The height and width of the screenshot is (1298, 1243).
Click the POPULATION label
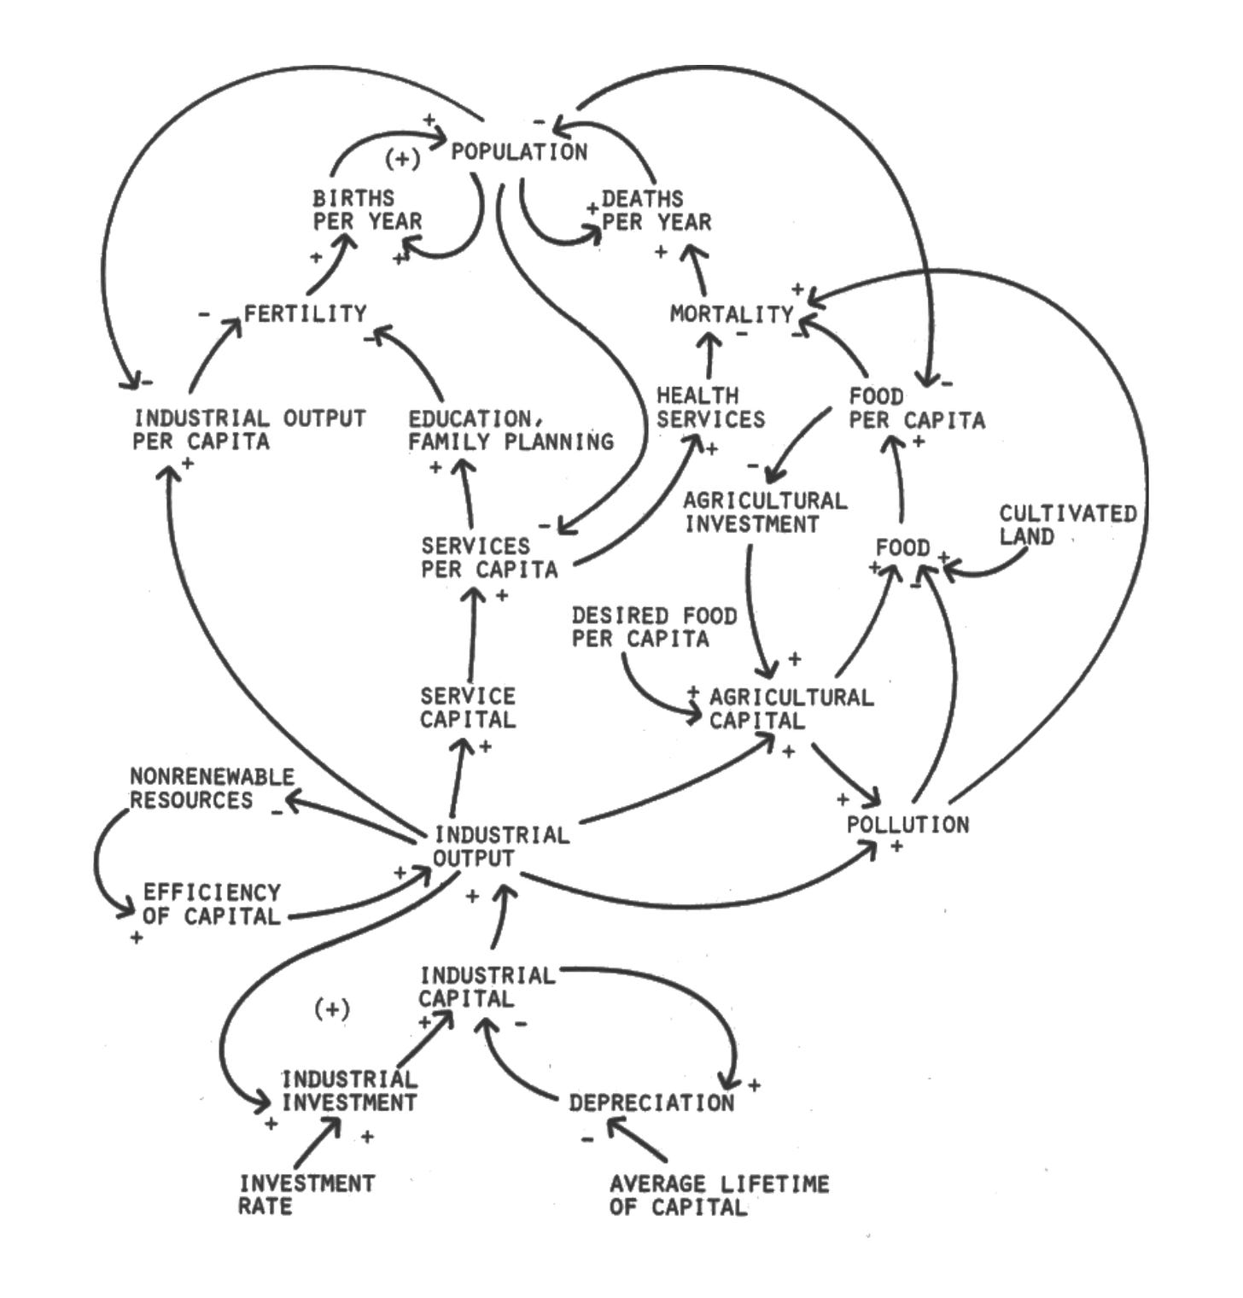pyautogui.click(x=519, y=152)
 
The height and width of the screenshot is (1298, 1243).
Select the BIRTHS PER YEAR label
pyautogui.click(x=367, y=210)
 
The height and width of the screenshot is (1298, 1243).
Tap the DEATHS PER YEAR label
pyautogui.click(x=656, y=210)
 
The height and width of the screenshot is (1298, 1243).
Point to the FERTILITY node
pyautogui.click(x=305, y=314)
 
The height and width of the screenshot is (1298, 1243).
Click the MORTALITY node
pyautogui.click(x=732, y=314)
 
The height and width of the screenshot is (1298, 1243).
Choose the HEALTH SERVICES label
pyautogui.click(x=710, y=407)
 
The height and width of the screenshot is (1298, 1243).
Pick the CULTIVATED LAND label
pyautogui.click(x=1067, y=524)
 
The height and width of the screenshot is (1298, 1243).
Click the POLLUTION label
pyautogui.click(x=907, y=824)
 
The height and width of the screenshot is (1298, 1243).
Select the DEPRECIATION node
pyautogui.click(x=651, y=1102)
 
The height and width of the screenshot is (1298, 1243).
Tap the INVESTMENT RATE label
pyautogui.click(x=306, y=1195)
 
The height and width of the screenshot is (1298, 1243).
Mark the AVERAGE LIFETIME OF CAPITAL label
pyautogui.click(x=719, y=1195)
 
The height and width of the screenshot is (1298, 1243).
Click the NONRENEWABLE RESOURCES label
pyautogui.click(x=211, y=788)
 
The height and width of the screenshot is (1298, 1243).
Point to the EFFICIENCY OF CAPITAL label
pyautogui.click(x=211, y=903)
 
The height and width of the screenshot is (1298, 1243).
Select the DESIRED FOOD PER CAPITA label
pyautogui.click(x=653, y=627)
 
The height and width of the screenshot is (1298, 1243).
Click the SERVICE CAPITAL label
pyautogui.click(x=468, y=708)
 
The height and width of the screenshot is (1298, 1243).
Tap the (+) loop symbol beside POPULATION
pyautogui.click(x=402, y=160)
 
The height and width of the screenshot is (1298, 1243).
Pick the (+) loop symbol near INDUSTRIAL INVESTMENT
pyautogui.click(x=332, y=1009)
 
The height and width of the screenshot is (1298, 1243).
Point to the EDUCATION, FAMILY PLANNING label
pyautogui.click(x=510, y=430)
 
